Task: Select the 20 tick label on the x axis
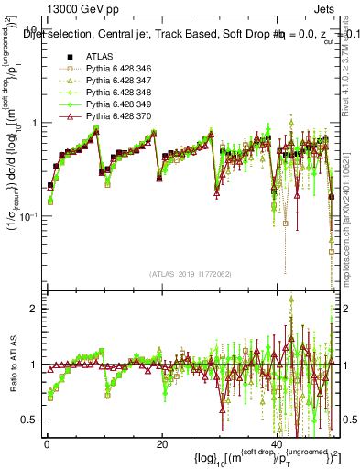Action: [161, 444]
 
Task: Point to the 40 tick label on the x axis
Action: [277, 444]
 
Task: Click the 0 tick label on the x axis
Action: [46, 444]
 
